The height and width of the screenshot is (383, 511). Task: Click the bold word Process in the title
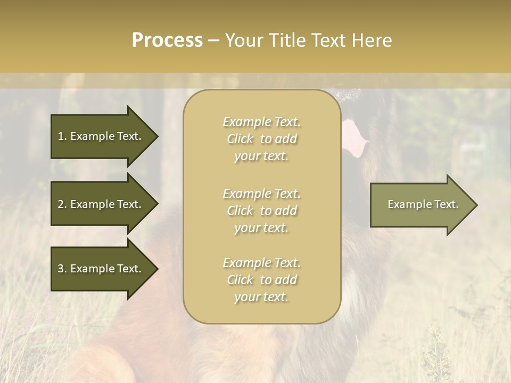pyautogui.click(x=167, y=40)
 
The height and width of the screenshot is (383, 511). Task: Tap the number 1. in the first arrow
pyautogui.click(x=62, y=136)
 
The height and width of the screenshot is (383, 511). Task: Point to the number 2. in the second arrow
pyautogui.click(x=62, y=204)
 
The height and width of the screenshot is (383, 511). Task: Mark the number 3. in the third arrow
pyautogui.click(x=62, y=269)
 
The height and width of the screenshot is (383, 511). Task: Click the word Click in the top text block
pyautogui.click(x=240, y=139)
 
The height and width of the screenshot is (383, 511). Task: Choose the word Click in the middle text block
pyautogui.click(x=240, y=211)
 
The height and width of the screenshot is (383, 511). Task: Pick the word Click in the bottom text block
pyautogui.click(x=240, y=280)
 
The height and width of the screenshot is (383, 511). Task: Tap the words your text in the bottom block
pyautogui.click(x=261, y=297)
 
